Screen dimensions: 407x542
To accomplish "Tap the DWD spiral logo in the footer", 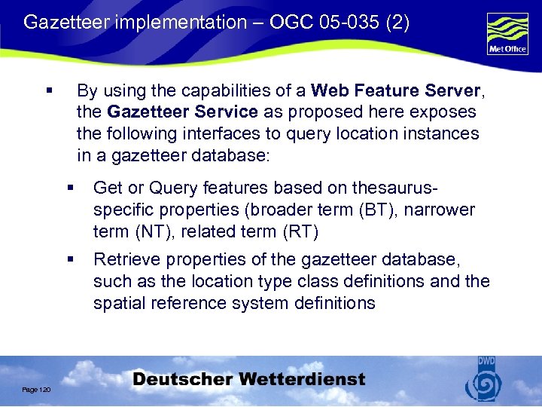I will [x=483, y=383].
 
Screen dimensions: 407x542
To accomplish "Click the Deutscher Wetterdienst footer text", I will [x=249, y=380].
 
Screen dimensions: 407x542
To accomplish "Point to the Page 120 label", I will [x=36, y=389].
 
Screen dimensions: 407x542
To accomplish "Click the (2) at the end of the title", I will [x=397, y=23].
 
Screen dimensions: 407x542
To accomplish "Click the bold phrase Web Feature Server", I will [x=395, y=91].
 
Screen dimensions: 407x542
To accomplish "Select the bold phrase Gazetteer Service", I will [x=183, y=112].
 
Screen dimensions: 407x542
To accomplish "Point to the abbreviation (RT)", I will [x=300, y=231].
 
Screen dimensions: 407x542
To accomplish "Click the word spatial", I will [x=115, y=303].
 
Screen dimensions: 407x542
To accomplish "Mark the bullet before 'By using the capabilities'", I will [x=49, y=91].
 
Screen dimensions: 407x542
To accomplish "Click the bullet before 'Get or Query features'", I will [x=70, y=188].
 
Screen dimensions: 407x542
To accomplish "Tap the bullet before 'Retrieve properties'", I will [x=70, y=260].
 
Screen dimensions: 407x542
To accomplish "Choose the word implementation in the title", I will [x=170, y=23].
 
